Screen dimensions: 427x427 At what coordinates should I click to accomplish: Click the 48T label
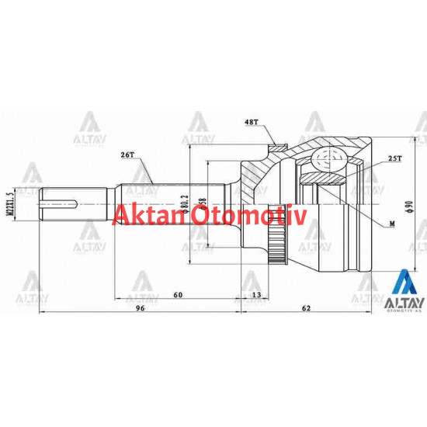(x=251, y=122)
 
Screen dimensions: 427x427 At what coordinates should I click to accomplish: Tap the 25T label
(x=394, y=159)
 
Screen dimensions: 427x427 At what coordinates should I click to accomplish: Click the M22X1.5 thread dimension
(x=9, y=204)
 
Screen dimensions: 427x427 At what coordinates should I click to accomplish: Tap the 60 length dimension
(x=178, y=295)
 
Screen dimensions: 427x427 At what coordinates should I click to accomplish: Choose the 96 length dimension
(x=141, y=309)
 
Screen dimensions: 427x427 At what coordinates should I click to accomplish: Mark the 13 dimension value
(x=256, y=295)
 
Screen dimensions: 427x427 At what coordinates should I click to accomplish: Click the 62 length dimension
(x=307, y=309)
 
